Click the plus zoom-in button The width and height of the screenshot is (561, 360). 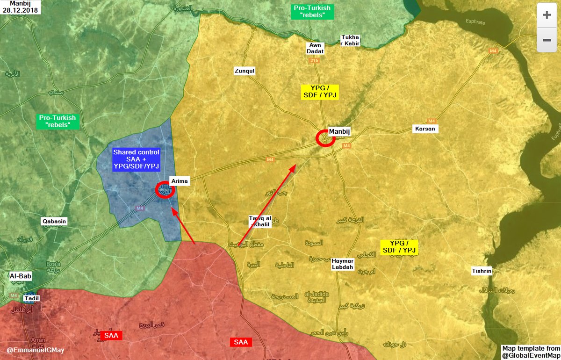[x=547, y=14]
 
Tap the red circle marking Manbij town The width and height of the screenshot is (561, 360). [x=325, y=138]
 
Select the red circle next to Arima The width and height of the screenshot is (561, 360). [x=165, y=190]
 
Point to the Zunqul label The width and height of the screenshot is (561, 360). [x=245, y=71]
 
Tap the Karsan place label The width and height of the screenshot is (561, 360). [x=425, y=129]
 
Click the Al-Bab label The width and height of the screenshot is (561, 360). [x=21, y=276]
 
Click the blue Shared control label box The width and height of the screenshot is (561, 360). [x=137, y=159]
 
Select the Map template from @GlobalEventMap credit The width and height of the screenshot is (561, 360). [x=531, y=352]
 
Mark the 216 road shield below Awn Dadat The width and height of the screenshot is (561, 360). [x=313, y=61]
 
